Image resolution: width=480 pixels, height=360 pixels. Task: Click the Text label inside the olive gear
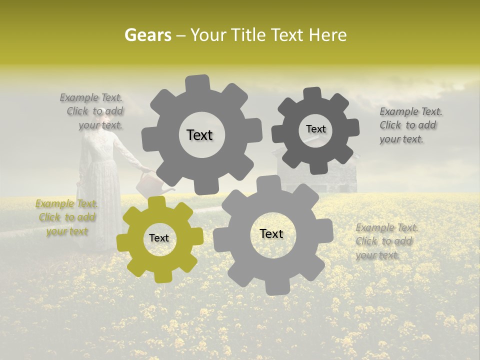159,238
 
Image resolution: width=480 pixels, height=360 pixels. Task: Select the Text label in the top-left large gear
199,135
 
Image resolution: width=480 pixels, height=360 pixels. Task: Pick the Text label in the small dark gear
315,129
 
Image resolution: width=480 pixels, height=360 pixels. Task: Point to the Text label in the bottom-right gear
271,233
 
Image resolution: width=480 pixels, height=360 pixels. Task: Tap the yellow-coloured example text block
66,217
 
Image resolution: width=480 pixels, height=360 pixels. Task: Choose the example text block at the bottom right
386,241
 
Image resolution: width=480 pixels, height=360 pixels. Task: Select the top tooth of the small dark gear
312,93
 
